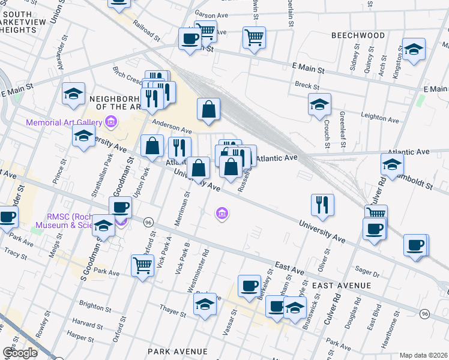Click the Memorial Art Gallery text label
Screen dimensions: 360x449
point(64,123)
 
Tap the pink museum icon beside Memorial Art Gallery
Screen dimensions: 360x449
point(110,123)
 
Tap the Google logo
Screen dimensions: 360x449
point(20,353)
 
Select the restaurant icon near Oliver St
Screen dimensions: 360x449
point(323,205)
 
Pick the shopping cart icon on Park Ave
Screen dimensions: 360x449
point(142,264)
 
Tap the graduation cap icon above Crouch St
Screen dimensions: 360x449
point(319,104)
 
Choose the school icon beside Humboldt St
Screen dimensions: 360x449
point(392,164)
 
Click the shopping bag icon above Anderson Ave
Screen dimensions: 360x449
point(208,110)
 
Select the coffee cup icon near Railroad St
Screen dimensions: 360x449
point(190,40)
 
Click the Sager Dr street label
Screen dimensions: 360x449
point(367,273)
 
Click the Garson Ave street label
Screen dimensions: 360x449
point(209,12)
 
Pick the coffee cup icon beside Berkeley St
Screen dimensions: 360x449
point(249,286)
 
